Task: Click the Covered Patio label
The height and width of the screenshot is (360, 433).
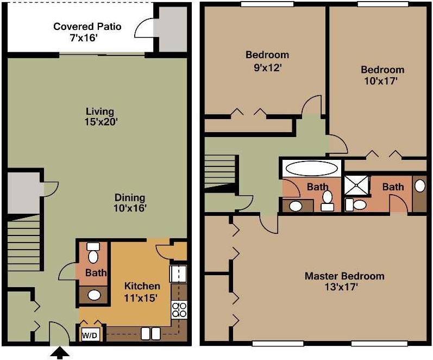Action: tap(87, 32)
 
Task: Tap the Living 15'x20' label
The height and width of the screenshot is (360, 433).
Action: tap(98, 117)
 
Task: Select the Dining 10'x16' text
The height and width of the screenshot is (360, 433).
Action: tap(130, 202)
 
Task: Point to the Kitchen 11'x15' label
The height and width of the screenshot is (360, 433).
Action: tap(142, 291)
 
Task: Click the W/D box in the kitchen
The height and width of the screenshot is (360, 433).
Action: tap(90, 336)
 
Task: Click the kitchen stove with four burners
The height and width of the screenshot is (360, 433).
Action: tap(179, 310)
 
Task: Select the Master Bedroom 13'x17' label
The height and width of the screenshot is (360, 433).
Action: tap(344, 281)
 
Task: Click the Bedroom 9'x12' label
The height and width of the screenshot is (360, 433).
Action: tap(267, 61)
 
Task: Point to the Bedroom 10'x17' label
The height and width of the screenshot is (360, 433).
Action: tap(382, 75)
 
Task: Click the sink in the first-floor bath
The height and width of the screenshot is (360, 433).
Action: tap(95, 295)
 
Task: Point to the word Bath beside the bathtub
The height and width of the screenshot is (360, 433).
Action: tap(317, 187)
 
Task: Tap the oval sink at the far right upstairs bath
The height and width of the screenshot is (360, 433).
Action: tap(419, 185)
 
